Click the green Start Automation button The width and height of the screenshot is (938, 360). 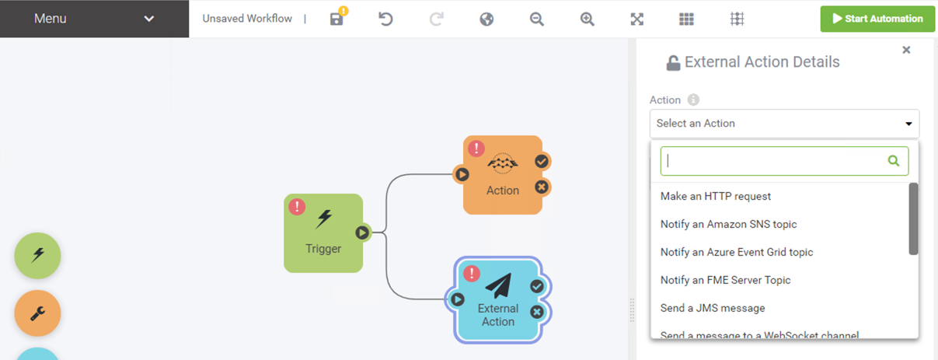click(877, 19)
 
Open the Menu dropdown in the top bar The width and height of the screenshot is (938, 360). click(94, 19)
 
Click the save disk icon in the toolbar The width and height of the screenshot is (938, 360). click(336, 19)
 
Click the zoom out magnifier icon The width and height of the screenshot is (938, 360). click(536, 19)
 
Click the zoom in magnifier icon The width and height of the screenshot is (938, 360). click(587, 19)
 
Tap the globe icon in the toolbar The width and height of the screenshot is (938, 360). click(486, 19)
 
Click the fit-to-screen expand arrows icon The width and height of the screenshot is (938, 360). click(636, 19)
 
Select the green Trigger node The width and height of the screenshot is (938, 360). click(323, 237)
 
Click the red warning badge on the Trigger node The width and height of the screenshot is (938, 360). click(297, 207)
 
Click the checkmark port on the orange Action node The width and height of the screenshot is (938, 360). click(542, 161)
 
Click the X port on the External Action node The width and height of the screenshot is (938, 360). click(536, 312)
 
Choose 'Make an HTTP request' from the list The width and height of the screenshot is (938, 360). click(715, 197)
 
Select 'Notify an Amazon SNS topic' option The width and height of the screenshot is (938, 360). click(728, 225)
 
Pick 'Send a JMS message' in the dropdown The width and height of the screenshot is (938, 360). click(712, 309)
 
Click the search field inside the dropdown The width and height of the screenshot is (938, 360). click(773, 161)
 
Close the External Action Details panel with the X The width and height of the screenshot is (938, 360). click(906, 50)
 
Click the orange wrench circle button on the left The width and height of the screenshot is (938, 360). click(37, 313)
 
